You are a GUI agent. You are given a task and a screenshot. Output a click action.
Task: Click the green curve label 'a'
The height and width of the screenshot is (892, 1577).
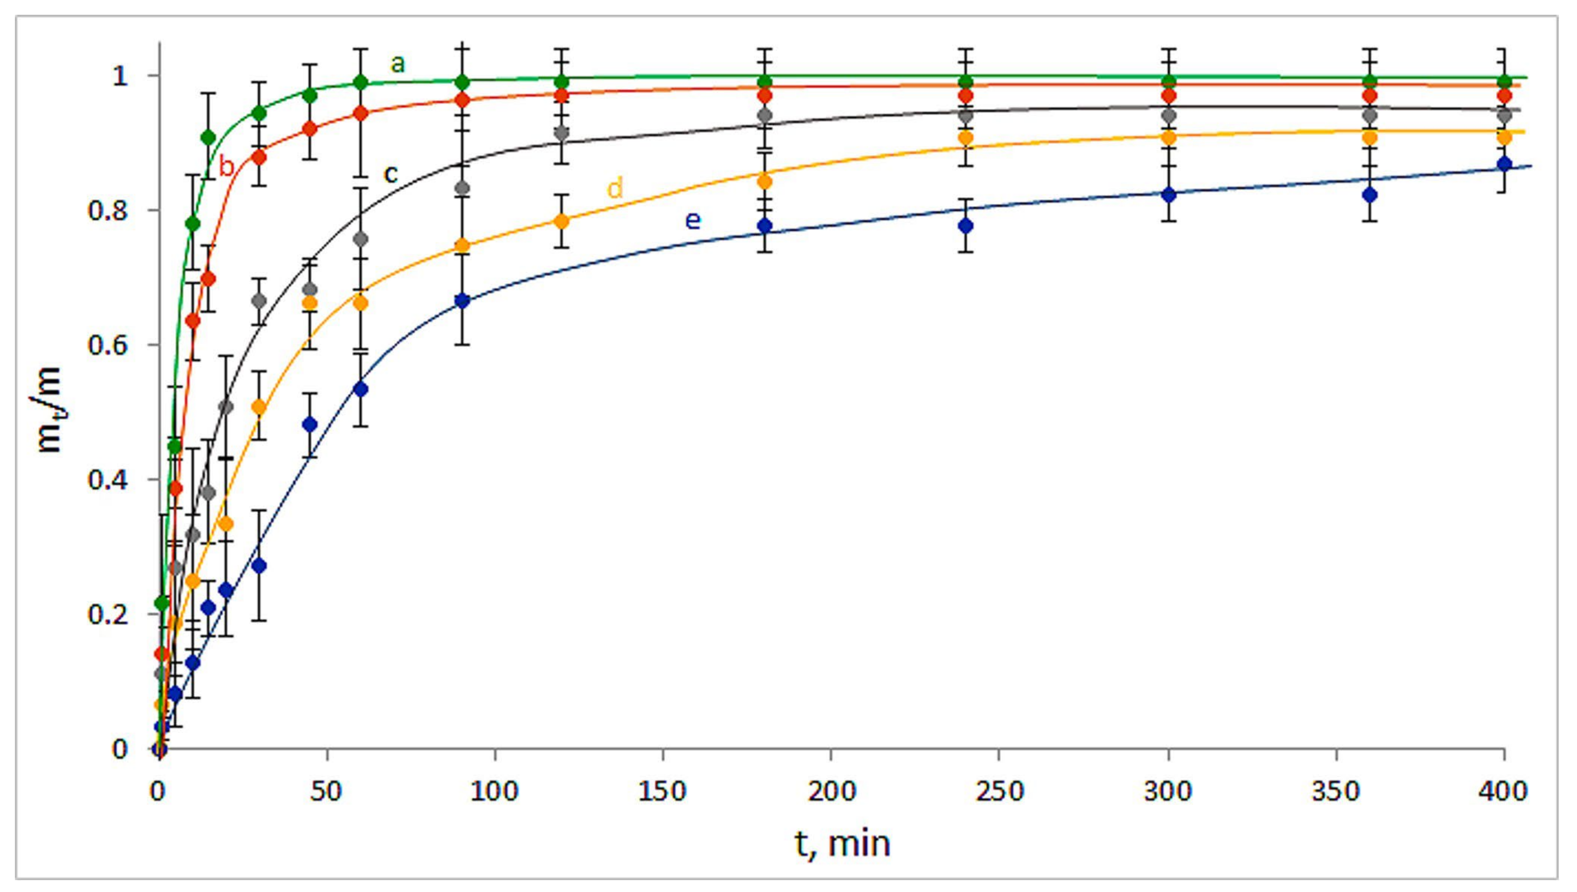pyautogui.click(x=398, y=63)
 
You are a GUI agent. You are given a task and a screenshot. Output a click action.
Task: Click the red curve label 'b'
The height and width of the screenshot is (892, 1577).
pyautogui.click(x=226, y=166)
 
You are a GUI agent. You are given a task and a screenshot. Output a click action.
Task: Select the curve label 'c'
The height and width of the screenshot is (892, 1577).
pyautogui.click(x=390, y=174)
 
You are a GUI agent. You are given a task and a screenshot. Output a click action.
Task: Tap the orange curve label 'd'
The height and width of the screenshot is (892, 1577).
pyautogui.click(x=615, y=188)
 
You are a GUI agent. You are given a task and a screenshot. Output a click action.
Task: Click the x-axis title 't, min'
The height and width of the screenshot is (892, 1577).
pyautogui.click(x=842, y=844)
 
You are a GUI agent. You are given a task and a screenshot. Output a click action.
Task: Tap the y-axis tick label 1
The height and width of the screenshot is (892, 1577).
pyautogui.click(x=120, y=76)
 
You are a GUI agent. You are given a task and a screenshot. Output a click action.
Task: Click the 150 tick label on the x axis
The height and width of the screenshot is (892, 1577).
pyautogui.click(x=662, y=791)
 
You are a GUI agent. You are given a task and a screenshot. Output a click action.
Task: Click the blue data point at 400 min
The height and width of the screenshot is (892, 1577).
pyautogui.click(x=1504, y=164)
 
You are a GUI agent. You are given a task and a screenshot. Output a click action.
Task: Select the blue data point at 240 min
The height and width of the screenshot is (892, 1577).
pyautogui.click(x=966, y=225)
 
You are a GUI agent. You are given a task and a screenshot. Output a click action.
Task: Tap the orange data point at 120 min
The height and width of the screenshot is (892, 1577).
pyautogui.click(x=562, y=221)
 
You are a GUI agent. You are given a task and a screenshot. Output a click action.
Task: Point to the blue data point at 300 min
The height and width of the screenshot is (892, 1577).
pyautogui.click(x=1169, y=195)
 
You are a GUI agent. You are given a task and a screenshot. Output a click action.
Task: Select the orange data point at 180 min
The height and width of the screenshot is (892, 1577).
pyautogui.click(x=764, y=182)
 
